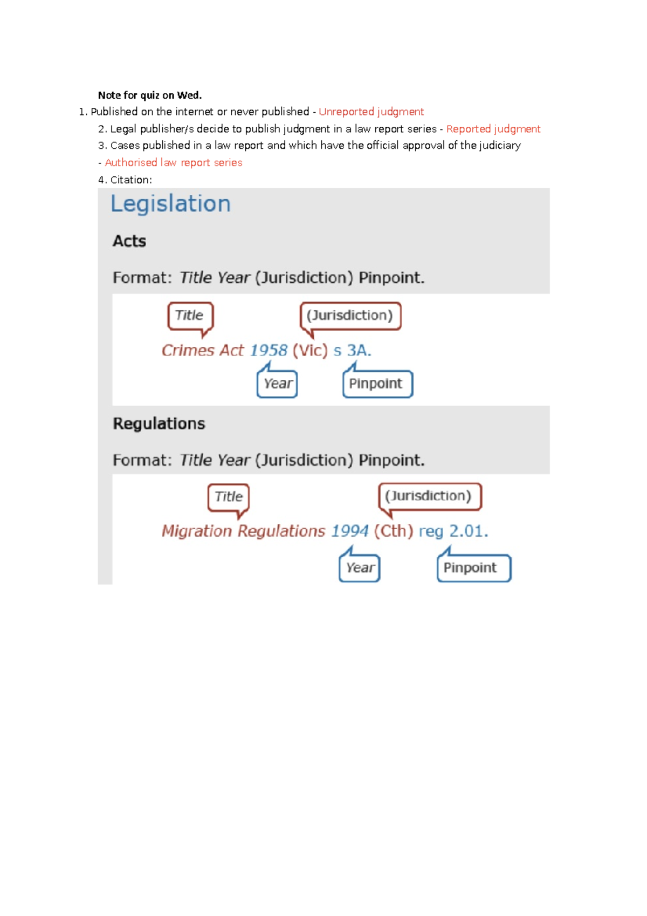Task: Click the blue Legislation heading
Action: (x=170, y=204)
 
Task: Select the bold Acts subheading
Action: (x=129, y=241)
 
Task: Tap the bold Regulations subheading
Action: (x=159, y=423)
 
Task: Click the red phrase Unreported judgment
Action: (x=371, y=112)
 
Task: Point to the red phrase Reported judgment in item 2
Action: (x=493, y=129)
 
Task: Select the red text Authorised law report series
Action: (x=174, y=162)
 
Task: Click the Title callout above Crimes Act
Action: (x=190, y=316)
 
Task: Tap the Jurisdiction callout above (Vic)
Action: (x=350, y=316)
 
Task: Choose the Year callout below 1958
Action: (x=278, y=384)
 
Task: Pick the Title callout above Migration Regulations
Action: (x=229, y=497)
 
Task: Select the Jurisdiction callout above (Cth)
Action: (x=429, y=496)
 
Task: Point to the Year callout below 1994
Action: (x=360, y=568)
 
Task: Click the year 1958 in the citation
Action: (x=269, y=351)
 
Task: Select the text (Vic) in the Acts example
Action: (x=310, y=351)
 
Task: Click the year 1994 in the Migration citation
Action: (x=350, y=531)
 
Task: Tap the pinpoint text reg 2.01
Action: (x=453, y=531)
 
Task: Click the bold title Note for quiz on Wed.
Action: (x=150, y=95)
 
